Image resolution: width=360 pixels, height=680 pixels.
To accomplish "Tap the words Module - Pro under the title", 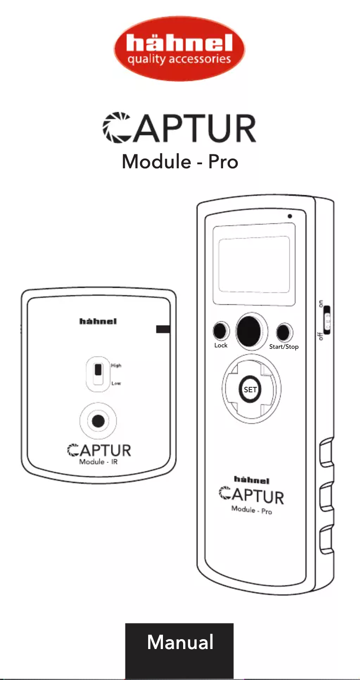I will [180, 161].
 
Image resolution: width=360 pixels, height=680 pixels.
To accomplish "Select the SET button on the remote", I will [250, 390].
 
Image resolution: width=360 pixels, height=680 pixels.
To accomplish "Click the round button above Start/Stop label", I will [283, 333].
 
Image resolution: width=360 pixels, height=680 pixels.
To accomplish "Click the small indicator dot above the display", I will [290, 216].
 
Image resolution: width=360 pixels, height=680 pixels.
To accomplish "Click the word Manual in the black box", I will [180, 642].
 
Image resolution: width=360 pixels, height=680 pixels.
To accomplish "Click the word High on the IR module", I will [116, 365].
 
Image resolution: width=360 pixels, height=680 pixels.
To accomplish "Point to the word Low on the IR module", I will [116, 384].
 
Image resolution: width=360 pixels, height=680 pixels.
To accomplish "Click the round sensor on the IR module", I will [98, 421].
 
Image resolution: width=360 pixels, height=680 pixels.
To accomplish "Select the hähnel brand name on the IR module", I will [98, 321].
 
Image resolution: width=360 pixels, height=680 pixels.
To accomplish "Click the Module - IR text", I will [98, 462].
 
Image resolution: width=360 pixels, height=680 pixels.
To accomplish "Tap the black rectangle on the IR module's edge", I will [162, 329].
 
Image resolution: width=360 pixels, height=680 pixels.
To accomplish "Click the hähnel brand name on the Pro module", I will [252, 480].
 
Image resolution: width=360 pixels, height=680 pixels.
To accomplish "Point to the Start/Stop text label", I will [284, 347].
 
